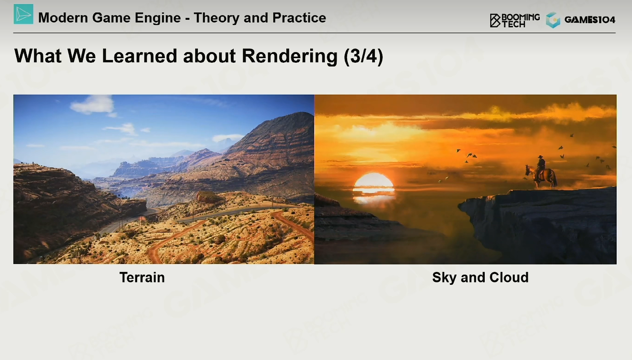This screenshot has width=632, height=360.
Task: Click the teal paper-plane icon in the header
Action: [x=24, y=14]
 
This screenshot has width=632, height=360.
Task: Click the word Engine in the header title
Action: [x=157, y=18]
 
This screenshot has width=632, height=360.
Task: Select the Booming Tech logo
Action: [x=515, y=20]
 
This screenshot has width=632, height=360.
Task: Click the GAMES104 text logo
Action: [x=590, y=20]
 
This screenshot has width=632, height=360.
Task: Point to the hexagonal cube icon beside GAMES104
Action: [x=553, y=20]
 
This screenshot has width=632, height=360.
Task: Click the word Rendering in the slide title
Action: [x=289, y=56]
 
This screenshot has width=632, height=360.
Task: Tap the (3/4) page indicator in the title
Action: [x=363, y=56]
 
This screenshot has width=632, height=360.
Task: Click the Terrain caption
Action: [x=142, y=277]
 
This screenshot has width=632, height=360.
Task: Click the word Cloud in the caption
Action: [x=509, y=277]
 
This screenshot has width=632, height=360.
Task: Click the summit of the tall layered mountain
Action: [x=301, y=113]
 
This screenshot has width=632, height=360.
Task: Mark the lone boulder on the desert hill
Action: [x=209, y=197]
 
